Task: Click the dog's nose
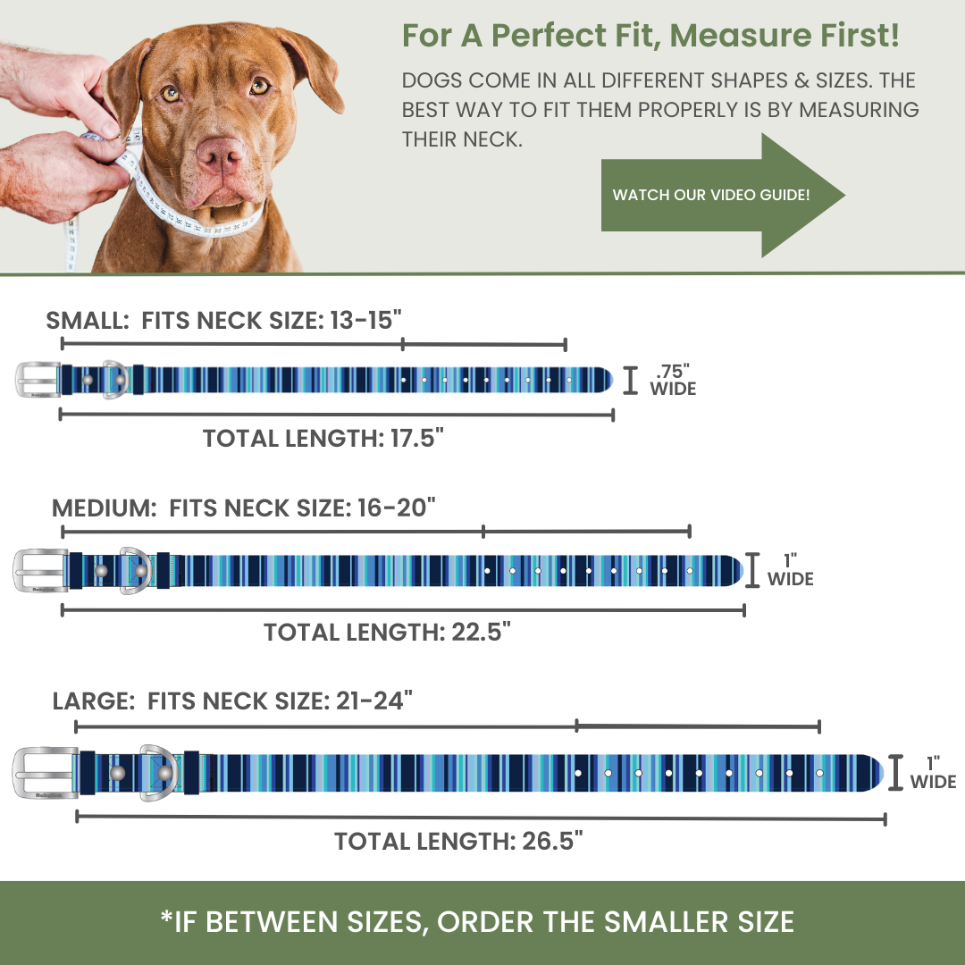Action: pos(221,155)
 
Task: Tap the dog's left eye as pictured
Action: pos(260,87)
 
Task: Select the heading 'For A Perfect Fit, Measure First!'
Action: pos(650,37)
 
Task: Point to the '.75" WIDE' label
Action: pos(672,381)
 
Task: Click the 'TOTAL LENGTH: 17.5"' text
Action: pos(323,439)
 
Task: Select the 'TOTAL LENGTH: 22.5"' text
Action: pos(387,633)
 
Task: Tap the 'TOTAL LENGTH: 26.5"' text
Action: pos(458,841)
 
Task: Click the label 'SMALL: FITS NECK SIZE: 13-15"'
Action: pos(223,321)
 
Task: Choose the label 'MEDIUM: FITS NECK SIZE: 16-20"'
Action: pos(244,508)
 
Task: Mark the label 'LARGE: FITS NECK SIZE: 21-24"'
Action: pos(232,701)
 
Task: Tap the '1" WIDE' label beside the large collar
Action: pos(934,773)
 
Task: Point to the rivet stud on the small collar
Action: pos(88,381)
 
